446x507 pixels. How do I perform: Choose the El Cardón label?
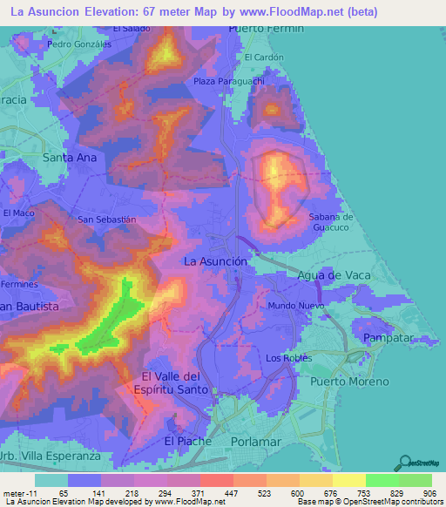(x=265, y=57)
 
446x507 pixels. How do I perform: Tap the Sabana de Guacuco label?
(x=330, y=221)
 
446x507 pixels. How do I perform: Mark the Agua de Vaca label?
(x=334, y=275)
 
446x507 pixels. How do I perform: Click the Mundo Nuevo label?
(x=294, y=307)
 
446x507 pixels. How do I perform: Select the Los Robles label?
(x=287, y=358)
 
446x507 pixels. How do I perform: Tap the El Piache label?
(x=187, y=441)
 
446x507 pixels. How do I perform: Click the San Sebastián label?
(x=108, y=220)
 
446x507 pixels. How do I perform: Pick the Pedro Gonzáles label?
(x=80, y=43)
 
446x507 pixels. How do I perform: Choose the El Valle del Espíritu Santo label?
(x=175, y=382)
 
